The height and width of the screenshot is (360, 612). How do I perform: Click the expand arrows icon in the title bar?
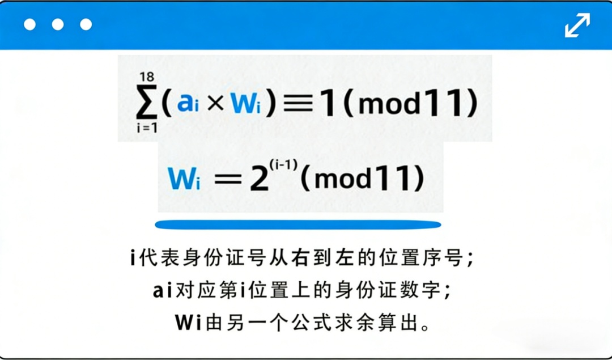[577, 25]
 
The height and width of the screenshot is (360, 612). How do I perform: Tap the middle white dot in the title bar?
[58, 24]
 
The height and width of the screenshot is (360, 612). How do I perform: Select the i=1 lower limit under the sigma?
[146, 128]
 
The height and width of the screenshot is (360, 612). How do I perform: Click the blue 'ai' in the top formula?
[188, 104]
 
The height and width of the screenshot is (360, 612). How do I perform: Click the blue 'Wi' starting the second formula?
[185, 179]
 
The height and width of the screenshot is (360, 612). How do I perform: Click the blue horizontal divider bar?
[297, 225]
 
